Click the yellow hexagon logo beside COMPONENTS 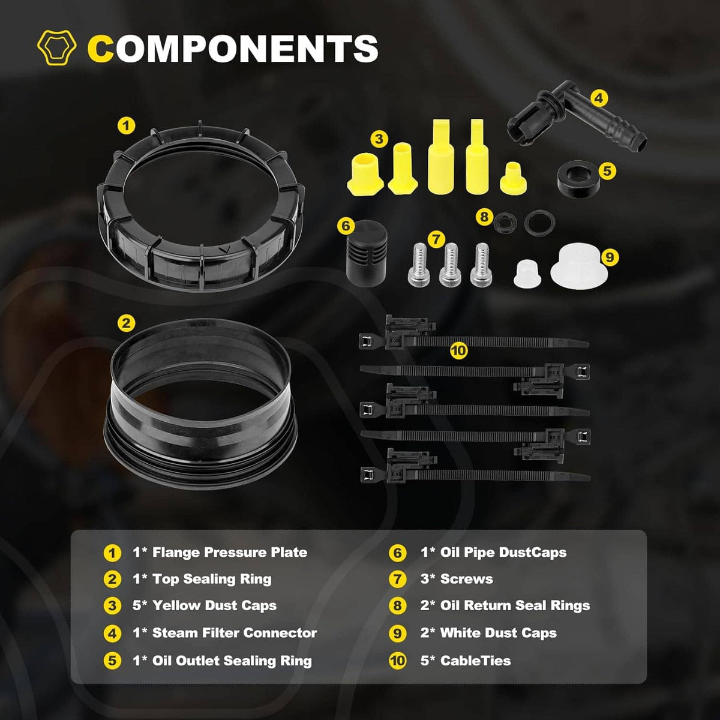coord(57,47)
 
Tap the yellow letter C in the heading coord(100,49)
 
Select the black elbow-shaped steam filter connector coord(577,116)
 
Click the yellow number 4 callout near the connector coord(599,98)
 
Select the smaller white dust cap coord(527,273)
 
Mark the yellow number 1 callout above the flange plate coord(126,125)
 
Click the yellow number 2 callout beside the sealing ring coord(126,323)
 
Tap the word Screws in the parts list coord(466,579)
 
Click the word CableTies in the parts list coord(475,661)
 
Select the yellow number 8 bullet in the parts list coord(398,605)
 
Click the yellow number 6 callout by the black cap coord(346,226)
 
